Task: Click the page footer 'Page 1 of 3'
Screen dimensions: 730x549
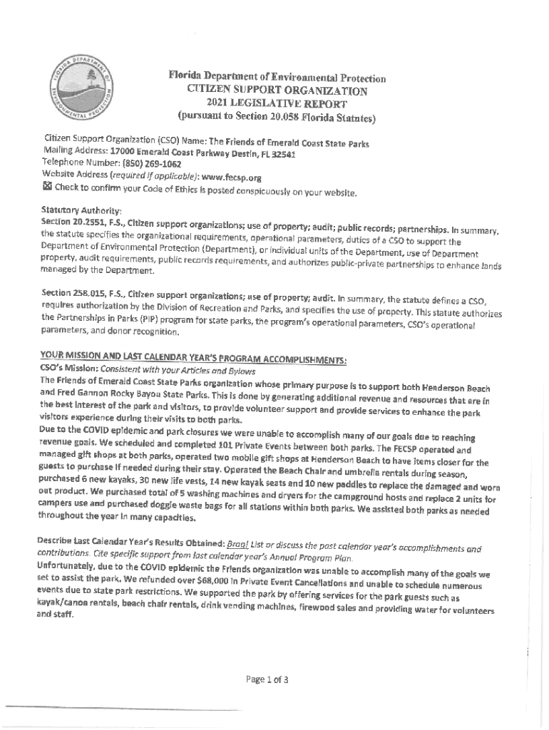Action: [x=267, y=679]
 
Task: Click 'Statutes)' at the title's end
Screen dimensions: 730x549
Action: [x=349, y=119]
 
